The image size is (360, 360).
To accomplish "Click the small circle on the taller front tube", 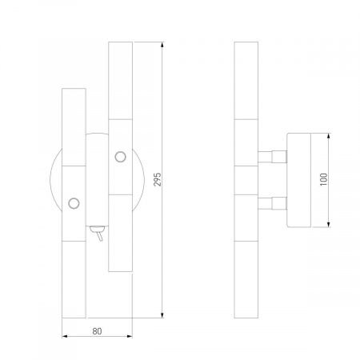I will tap(122, 155).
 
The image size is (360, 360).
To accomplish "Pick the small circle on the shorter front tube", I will tap(74, 203).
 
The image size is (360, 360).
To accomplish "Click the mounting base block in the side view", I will tap(298, 179).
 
